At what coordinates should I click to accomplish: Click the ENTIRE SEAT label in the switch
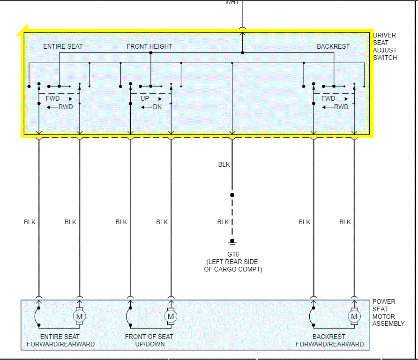tap(63, 46)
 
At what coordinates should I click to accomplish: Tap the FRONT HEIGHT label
tap(149, 46)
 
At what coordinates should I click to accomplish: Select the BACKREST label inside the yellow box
tap(333, 46)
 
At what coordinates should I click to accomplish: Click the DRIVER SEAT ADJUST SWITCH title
tap(385, 46)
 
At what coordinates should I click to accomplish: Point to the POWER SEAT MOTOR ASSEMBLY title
tap(388, 313)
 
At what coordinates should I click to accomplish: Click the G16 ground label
tap(232, 255)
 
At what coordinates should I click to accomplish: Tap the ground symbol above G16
tap(232, 242)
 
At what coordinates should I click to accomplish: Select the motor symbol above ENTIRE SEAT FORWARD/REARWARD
tap(79, 317)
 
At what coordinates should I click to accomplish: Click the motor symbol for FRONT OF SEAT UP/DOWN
tap(171, 317)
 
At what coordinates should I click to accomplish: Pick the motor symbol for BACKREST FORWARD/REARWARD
tap(354, 317)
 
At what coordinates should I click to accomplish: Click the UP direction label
tap(145, 99)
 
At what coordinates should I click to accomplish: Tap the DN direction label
tap(157, 107)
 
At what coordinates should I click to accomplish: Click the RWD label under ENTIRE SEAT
tap(66, 107)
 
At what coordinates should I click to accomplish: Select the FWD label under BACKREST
tap(328, 99)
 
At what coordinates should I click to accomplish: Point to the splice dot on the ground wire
tap(232, 195)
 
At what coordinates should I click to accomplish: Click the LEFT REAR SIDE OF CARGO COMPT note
tap(233, 266)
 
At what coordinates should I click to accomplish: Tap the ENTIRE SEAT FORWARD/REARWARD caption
tap(60, 340)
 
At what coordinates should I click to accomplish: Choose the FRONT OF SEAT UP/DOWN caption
tap(149, 340)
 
